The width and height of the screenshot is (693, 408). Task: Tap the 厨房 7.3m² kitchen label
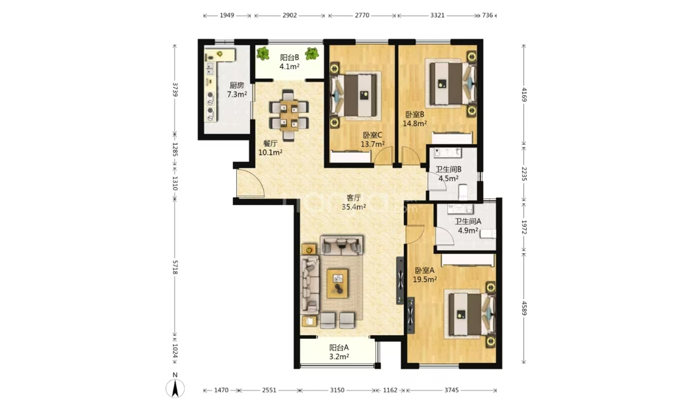237,89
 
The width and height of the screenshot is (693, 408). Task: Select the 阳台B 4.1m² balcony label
290,62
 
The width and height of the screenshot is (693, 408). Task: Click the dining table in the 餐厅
289,115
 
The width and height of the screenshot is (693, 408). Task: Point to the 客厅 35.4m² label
354,202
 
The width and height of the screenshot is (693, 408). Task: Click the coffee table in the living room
337,283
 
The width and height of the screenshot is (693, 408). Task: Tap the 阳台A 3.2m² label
339,352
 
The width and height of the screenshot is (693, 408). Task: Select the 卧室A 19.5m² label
425,275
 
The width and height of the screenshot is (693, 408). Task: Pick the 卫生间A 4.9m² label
468,226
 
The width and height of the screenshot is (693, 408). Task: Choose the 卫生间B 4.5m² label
448,174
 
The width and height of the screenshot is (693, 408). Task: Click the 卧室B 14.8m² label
414,119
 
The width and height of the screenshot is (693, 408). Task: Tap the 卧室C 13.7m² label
372,140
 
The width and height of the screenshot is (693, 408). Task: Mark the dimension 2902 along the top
290,15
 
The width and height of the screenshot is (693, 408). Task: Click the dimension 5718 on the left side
175,267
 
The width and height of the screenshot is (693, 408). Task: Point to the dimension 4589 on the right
524,307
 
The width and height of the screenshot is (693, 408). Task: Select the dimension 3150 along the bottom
337,390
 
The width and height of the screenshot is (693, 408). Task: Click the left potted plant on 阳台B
263,54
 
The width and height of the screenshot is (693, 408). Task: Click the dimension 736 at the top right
487,15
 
